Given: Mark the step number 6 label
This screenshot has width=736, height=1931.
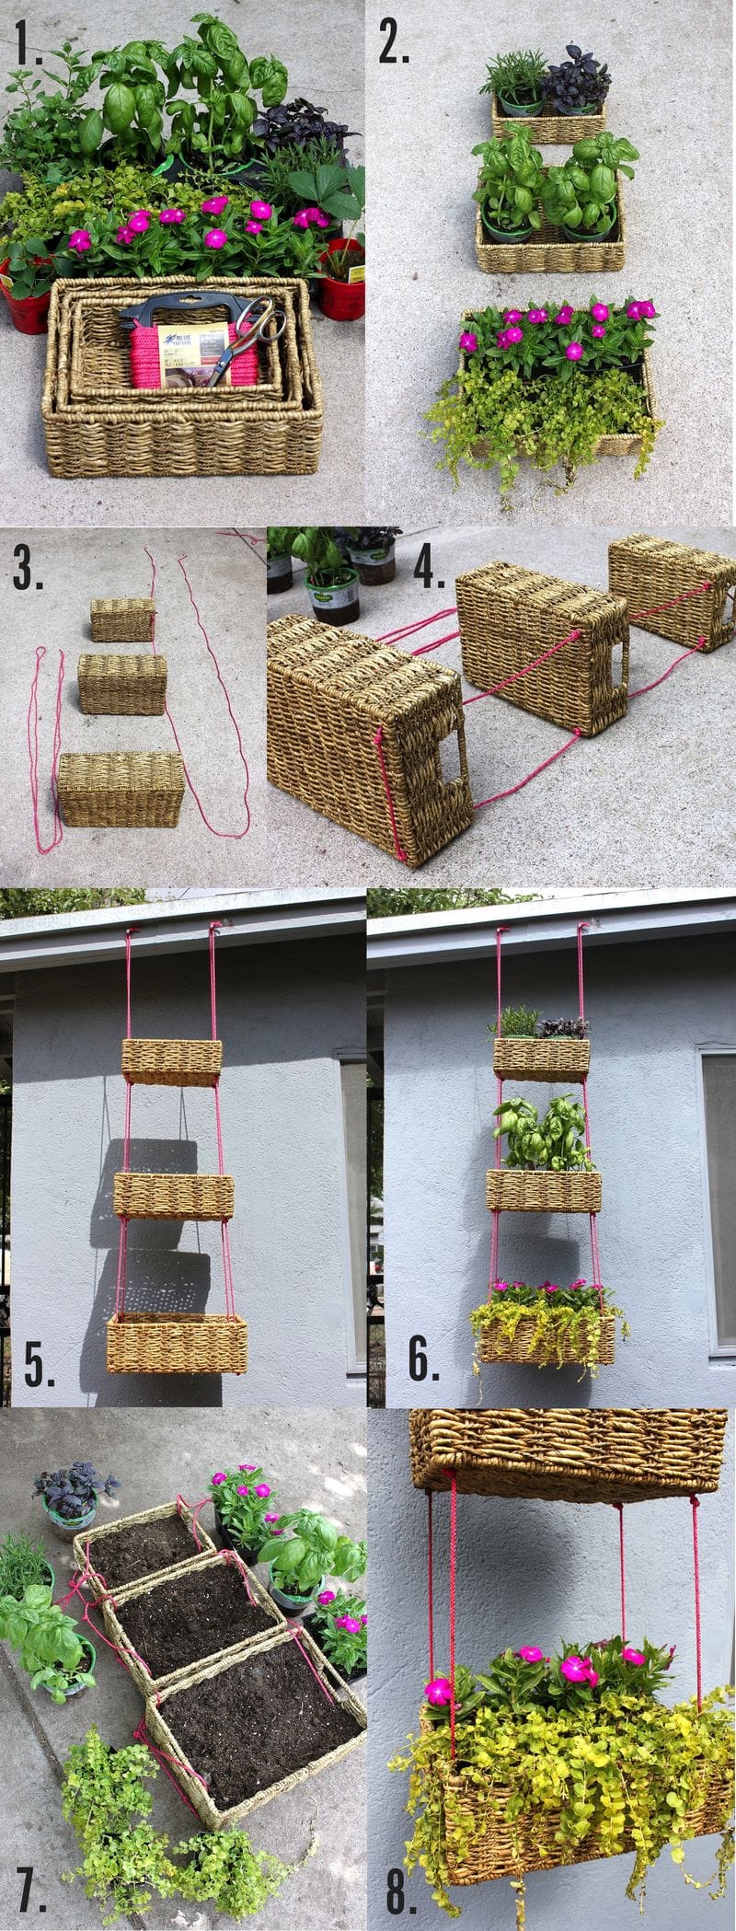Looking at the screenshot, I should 423,1361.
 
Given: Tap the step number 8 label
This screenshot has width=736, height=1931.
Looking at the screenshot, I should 401,1887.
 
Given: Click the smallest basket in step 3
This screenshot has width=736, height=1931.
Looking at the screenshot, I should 122,619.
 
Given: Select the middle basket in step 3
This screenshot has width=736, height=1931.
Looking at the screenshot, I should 121,684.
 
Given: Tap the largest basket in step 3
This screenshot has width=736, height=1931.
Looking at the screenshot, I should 121,788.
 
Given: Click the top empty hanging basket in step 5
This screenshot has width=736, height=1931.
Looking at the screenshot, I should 172,1061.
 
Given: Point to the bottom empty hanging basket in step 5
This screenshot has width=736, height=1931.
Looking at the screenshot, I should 176,1344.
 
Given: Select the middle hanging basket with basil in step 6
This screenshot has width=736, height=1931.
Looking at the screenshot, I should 543,1189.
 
